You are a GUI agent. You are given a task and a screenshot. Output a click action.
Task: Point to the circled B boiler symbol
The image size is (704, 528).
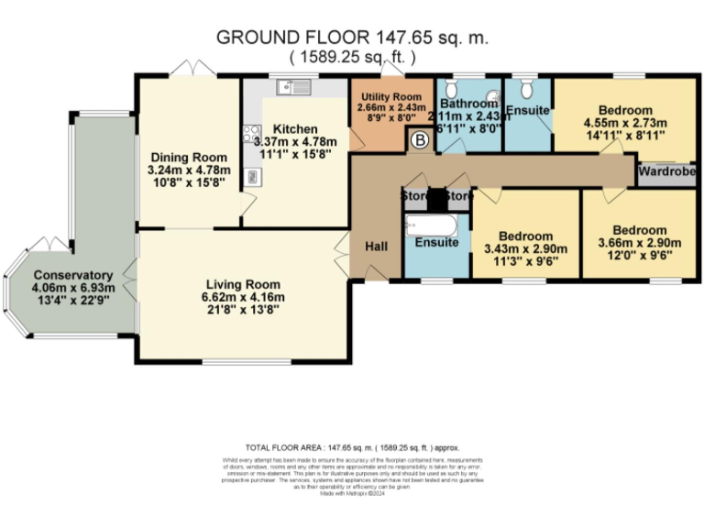420,140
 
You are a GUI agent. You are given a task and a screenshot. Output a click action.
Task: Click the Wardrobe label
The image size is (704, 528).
666,170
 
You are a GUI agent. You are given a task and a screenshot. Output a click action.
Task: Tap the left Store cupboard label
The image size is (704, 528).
418,195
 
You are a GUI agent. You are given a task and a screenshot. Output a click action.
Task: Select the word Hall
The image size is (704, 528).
377,246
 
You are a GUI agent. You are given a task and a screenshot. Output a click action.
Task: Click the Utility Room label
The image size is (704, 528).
390,96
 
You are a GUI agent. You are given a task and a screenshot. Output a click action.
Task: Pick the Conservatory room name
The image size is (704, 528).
72,275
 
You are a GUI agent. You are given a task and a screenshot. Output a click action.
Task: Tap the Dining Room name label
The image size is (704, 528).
188,157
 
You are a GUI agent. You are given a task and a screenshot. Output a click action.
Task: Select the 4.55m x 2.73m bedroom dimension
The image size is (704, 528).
624,123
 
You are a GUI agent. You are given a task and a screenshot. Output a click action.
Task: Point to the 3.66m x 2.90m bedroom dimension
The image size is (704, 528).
639,243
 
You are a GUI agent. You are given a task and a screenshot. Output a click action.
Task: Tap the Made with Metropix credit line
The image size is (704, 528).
352,494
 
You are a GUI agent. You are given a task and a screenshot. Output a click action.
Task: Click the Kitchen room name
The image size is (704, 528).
294,129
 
